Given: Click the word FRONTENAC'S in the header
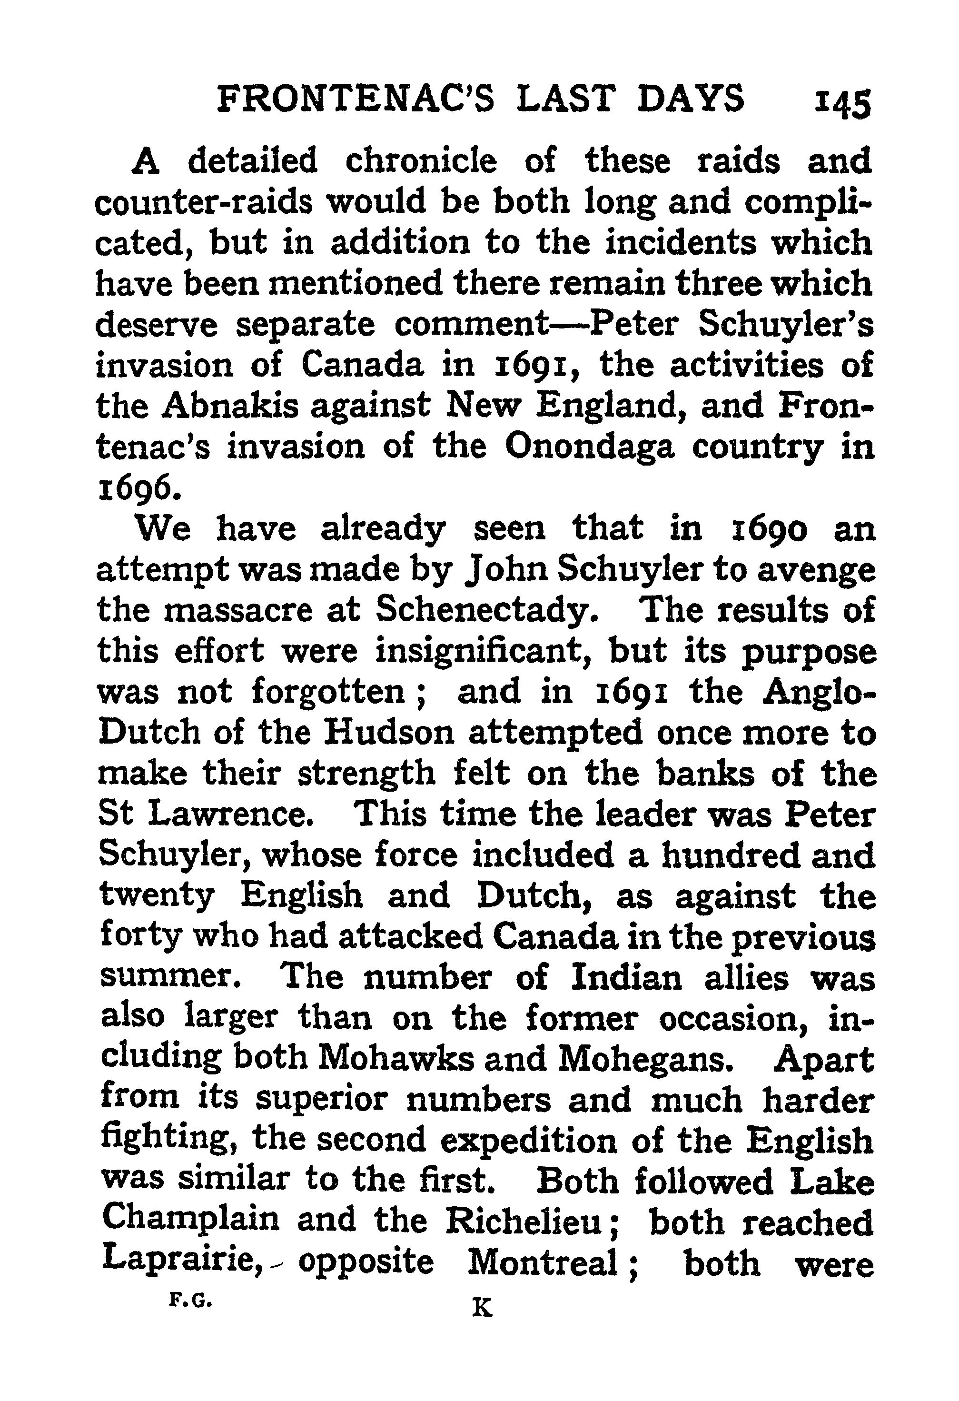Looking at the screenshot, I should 356,99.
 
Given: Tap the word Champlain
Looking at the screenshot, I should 190,1221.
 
